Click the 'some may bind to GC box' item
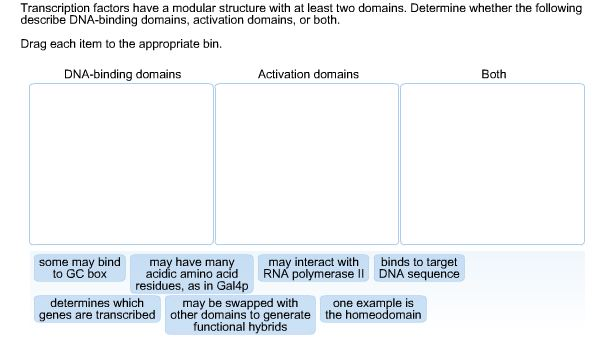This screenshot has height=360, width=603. (79, 268)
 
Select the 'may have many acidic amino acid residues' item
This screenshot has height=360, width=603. (192, 274)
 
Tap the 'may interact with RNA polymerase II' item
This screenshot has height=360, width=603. (314, 268)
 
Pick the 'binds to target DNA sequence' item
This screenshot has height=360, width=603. (419, 268)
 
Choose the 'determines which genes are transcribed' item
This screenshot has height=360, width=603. (97, 309)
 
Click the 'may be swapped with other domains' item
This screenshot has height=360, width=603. (239, 315)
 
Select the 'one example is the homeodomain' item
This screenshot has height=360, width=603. (373, 309)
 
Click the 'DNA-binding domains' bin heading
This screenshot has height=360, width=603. (122, 74)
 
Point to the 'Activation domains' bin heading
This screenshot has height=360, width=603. (308, 74)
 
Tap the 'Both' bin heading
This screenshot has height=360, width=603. (493, 74)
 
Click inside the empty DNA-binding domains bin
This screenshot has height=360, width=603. (122, 164)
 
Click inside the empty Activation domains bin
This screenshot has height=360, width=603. (307, 164)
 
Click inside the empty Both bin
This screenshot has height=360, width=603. (493, 164)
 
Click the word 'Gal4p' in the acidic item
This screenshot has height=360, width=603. (231, 286)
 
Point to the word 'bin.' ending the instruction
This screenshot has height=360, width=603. (211, 45)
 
